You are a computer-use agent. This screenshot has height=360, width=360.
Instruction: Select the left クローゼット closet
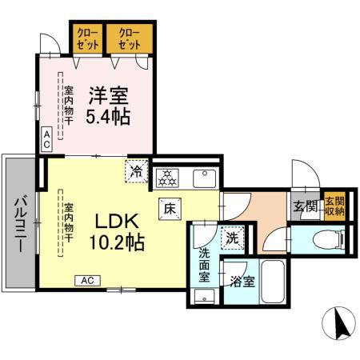coord(89,38)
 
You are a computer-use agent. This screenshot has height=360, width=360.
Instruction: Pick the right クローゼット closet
coord(129,38)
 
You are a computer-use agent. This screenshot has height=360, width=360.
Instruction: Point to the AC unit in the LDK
coord(88,280)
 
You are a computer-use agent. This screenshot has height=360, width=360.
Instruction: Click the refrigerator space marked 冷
coord(138,171)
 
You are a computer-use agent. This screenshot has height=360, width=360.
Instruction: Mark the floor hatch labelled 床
coord(170,206)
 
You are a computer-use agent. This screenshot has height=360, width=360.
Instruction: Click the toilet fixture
coord(326,238)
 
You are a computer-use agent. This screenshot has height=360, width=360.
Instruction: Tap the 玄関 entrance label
coord(305,207)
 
